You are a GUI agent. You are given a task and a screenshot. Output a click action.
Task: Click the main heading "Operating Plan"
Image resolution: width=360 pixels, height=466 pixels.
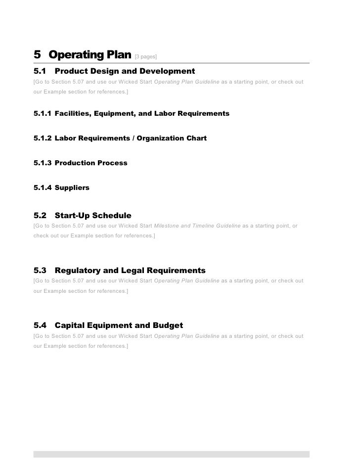pyautogui.click(x=90, y=54)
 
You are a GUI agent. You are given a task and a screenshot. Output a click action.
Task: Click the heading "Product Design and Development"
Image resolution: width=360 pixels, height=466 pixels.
pyautogui.click(x=125, y=72)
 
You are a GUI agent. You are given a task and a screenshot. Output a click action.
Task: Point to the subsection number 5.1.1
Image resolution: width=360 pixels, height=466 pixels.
pyautogui.click(x=43, y=114)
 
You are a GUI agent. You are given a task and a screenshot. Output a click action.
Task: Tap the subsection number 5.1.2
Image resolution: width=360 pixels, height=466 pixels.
pyautogui.click(x=43, y=139)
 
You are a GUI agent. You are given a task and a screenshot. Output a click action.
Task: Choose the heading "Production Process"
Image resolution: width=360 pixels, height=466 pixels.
pyautogui.click(x=91, y=163)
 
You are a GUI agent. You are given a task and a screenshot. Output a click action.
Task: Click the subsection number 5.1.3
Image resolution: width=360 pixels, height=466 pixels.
pyautogui.click(x=43, y=163)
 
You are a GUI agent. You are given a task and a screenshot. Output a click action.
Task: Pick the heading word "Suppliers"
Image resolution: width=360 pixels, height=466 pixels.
pyautogui.click(x=72, y=188)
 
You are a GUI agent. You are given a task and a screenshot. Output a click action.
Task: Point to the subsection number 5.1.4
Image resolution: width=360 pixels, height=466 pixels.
pyautogui.click(x=43, y=188)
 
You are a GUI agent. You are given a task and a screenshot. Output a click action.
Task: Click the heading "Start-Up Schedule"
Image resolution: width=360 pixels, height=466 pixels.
pyautogui.click(x=93, y=216)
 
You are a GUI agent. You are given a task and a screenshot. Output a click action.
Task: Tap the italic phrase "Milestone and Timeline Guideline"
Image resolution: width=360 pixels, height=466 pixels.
pyautogui.click(x=197, y=226)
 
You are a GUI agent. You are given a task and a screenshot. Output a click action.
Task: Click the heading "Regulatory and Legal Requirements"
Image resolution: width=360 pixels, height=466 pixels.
pyautogui.click(x=130, y=271)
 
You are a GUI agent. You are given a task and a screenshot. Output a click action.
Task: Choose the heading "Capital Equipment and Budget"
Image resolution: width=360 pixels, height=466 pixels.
pyautogui.click(x=119, y=326)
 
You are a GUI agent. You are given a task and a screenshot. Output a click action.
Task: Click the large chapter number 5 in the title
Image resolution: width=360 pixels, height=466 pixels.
pyautogui.click(x=37, y=54)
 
